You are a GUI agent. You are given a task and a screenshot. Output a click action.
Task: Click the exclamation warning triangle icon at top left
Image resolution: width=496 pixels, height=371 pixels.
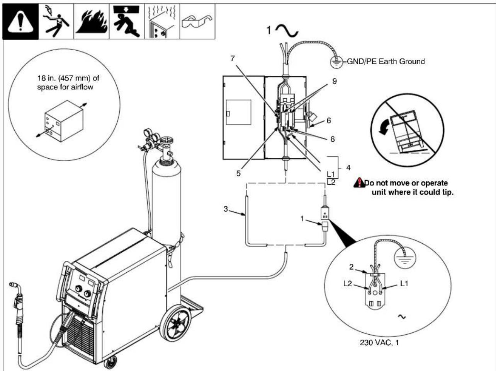20,22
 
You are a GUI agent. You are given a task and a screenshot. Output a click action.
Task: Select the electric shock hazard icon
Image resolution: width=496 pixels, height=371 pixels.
56,22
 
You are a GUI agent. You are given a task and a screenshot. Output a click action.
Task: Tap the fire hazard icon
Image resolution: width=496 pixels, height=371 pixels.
91,22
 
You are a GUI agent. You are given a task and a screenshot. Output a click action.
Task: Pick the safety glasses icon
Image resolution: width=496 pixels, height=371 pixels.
197,22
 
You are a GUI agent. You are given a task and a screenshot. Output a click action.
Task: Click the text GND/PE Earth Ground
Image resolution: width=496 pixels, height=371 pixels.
386,61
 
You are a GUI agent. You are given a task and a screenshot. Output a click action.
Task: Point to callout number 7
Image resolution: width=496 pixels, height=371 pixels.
233,58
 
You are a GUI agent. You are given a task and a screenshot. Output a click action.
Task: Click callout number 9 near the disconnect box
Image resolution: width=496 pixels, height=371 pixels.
334,81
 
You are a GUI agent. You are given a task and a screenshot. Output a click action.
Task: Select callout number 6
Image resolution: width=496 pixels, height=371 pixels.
329,121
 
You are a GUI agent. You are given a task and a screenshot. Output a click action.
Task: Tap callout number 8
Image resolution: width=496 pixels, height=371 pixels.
332,139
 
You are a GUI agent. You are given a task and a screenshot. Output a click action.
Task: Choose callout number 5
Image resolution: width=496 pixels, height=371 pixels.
238,173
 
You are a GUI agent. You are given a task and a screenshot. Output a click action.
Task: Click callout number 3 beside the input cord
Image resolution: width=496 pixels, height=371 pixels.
226,209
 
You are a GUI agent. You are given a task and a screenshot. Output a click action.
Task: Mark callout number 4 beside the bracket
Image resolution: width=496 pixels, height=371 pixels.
348,168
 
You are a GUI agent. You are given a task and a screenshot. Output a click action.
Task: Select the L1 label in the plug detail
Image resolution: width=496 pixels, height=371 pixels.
404,284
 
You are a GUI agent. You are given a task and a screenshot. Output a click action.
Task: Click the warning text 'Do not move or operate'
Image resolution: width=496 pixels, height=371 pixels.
406,183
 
